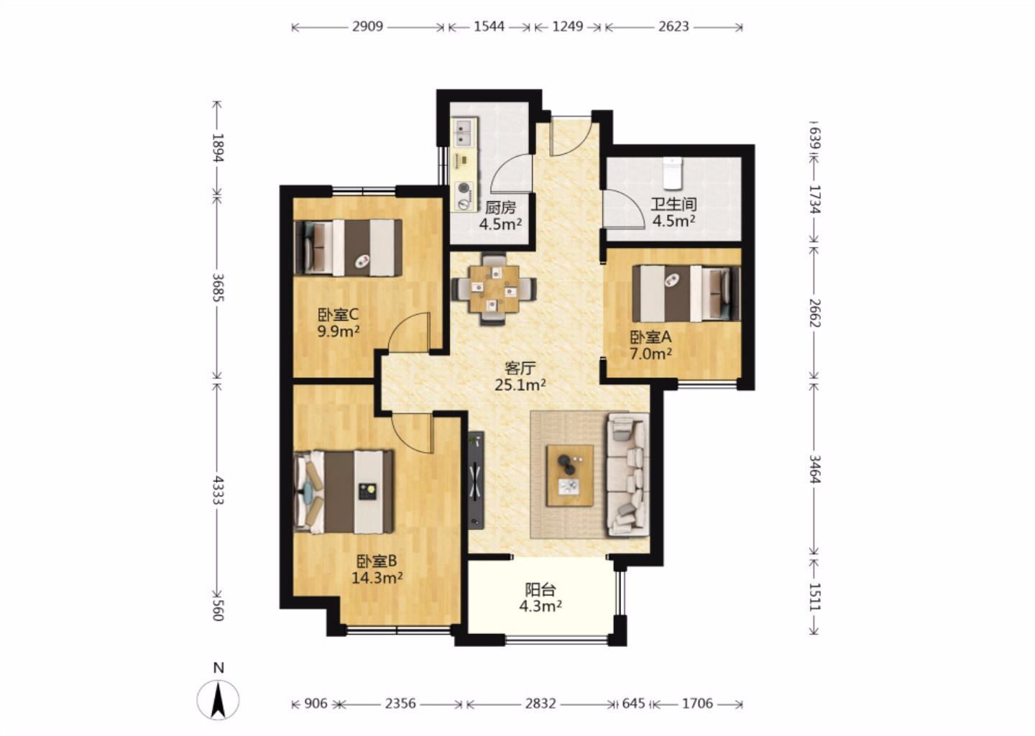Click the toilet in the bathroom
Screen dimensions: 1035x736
673,174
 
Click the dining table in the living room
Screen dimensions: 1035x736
494,289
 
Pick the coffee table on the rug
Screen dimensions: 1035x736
570,475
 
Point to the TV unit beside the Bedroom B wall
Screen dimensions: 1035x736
476,481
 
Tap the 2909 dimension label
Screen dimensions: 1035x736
368,27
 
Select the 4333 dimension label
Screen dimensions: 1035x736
218,491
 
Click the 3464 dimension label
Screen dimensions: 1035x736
814,469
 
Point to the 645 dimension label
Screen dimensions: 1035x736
633,704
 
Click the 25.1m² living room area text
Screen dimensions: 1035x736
520,385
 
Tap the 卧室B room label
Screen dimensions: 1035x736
377,561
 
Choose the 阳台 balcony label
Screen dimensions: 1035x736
540,590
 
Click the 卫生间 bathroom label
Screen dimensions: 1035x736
673,204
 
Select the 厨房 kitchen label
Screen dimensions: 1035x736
500,208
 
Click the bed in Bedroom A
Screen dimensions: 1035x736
686,293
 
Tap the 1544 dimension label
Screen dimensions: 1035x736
489,27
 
